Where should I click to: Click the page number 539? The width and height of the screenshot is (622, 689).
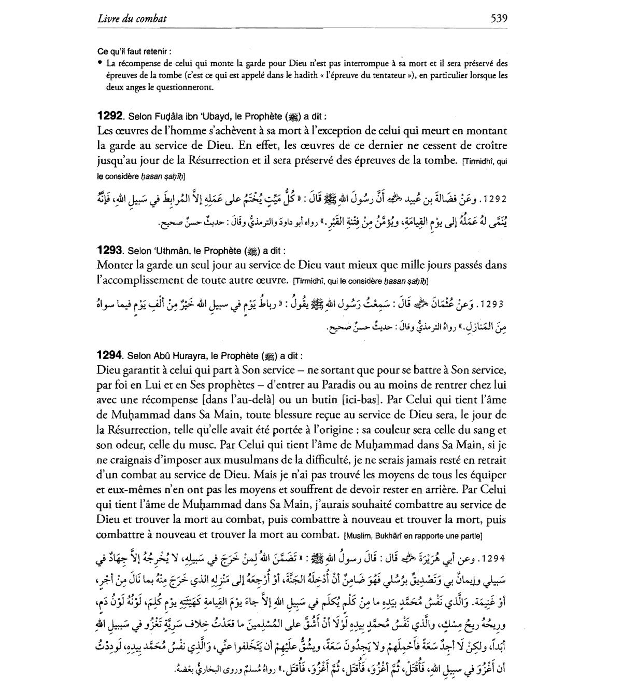(x=499, y=19)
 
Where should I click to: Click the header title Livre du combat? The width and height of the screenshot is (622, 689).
(x=132, y=19)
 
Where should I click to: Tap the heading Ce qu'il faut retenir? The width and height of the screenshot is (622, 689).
(x=134, y=52)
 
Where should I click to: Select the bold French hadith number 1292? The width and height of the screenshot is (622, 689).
(x=110, y=116)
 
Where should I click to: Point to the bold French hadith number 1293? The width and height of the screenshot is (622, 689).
(x=110, y=251)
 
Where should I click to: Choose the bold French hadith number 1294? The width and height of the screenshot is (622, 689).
(x=110, y=356)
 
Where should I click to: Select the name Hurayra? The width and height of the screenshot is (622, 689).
(x=185, y=356)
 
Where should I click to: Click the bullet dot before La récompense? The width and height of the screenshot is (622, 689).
(x=100, y=64)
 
